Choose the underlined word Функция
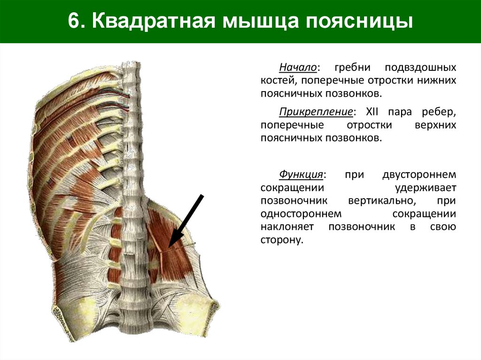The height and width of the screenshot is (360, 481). click(301, 175)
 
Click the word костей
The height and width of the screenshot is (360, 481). click(277, 81)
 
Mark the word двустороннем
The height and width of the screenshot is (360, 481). click(419, 175)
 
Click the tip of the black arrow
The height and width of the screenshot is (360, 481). click(170, 246)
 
